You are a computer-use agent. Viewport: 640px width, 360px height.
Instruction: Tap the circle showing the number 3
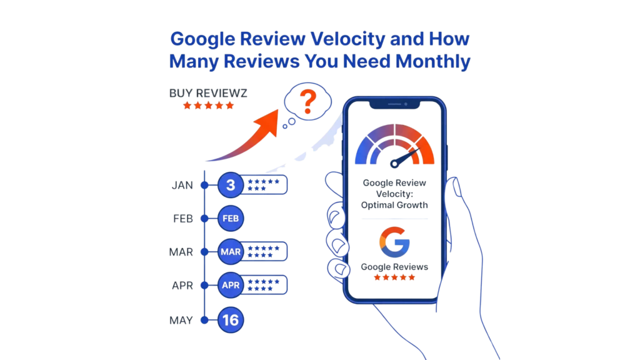click(x=231, y=185)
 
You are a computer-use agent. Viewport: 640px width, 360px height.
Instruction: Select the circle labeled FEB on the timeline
click(x=231, y=219)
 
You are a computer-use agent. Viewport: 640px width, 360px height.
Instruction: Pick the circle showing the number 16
click(x=231, y=321)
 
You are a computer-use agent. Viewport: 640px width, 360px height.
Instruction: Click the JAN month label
click(x=182, y=186)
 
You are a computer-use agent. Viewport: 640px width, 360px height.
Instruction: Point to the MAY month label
click(x=182, y=321)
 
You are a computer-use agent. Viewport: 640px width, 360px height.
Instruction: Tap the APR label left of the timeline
click(x=182, y=286)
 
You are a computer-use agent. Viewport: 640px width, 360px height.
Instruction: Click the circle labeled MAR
click(x=231, y=252)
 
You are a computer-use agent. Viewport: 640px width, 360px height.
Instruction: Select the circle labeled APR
click(x=231, y=286)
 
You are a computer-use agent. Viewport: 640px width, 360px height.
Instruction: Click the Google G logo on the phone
click(x=394, y=242)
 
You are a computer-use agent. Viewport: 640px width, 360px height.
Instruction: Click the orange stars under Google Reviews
click(x=394, y=277)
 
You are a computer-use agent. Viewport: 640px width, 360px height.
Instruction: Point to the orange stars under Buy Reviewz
click(x=209, y=106)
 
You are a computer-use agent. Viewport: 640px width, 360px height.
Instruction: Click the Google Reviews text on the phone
click(x=394, y=267)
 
